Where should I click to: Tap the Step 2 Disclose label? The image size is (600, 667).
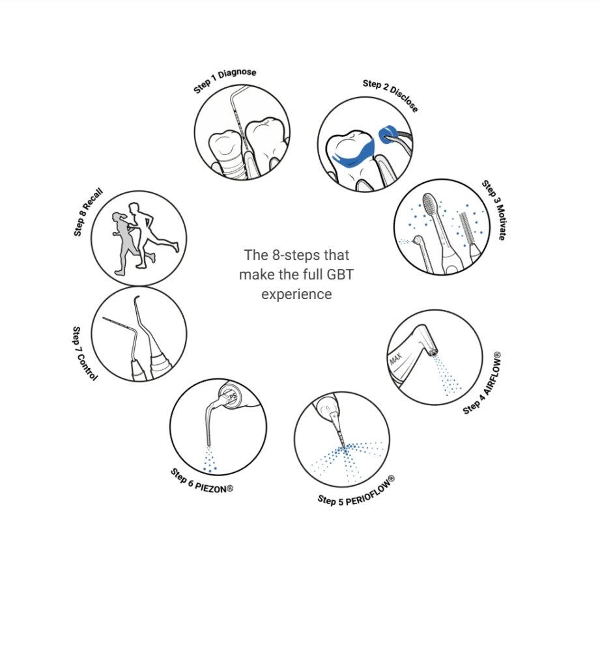point(390,95)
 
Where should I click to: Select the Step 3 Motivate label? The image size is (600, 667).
point(494,210)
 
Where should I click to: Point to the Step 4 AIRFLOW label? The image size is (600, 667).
point(481,383)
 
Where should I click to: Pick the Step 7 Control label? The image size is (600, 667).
point(84,354)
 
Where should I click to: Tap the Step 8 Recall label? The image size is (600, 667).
point(88,212)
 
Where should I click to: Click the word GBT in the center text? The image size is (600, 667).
point(340,274)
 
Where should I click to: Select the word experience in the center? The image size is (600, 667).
point(296,294)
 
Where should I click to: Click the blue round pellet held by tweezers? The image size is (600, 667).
point(388,135)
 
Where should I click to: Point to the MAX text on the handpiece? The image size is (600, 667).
point(395,359)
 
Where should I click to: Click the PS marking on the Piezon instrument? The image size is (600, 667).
point(233,397)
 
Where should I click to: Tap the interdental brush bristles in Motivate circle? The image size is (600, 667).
point(466,228)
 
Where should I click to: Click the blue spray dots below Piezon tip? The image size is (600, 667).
point(209,461)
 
